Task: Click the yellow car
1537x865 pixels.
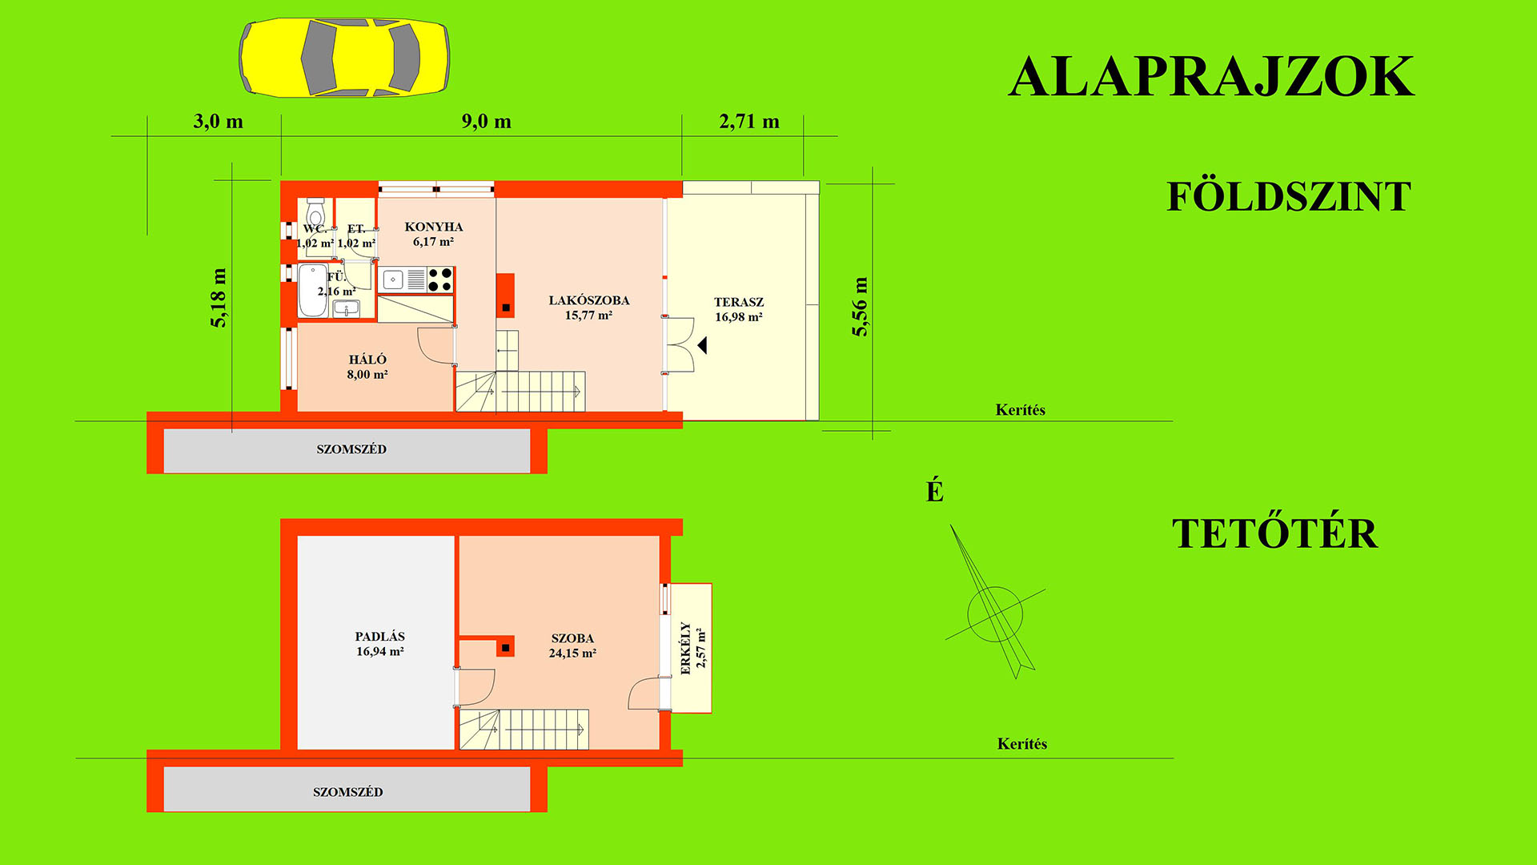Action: coord(344,58)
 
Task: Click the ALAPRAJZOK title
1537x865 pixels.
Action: coord(1211,77)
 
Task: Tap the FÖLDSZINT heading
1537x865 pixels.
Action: coord(1288,196)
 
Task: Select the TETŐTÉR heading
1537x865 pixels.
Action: coord(1274,533)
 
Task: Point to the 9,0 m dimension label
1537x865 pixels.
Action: coord(486,122)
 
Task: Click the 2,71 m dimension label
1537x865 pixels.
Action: coord(749,122)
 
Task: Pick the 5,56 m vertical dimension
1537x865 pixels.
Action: coord(860,307)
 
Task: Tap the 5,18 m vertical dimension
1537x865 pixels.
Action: coord(219,298)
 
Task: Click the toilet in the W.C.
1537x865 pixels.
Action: coord(315,213)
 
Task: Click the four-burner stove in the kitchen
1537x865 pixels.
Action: coord(440,280)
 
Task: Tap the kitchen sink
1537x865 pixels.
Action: coord(393,280)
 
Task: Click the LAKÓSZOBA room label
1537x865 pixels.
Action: coord(589,300)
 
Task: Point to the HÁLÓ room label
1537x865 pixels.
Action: coord(367,360)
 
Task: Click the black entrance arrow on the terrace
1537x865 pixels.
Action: coord(702,345)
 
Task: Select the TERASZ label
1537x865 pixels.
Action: coord(739,302)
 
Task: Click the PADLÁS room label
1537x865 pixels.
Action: coord(380,637)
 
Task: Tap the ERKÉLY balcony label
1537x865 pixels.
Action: coord(685,649)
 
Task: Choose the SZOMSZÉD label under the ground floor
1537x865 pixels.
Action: coord(351,449)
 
